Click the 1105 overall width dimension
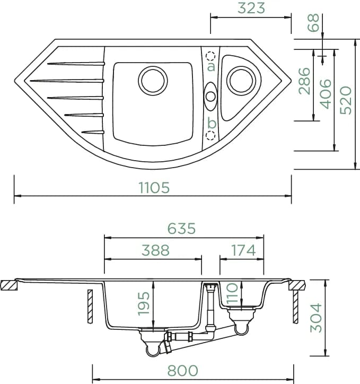pyautogui.click(x=154, y=188)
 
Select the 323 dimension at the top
pyautogui.click(x=251, y=8)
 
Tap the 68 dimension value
pyautogui.click(x=313, y=22)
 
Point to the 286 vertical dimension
pyautogui.click(x=304, y=81)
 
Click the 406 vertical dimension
pyautogui.click(x=326, y=94)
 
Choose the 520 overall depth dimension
pyautogui.click(x=346, y=100)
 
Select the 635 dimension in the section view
pyautogui.click(x=181, y=229)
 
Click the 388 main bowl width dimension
pyautogui.click(x=156, y=250)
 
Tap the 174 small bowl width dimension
pyautogui.click(x=243, y=250)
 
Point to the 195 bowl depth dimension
pyautogui.click(x=144, y=303)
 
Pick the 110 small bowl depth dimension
pyautogui.click(x=232, y=294)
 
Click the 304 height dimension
pyautogui.click(x=316, y=318)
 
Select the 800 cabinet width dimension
pyautogui.click(x=182, y=371)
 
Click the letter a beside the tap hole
pyautogui.click(x=211, y=66)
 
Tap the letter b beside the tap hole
pyautogui.click(x=212, y=123)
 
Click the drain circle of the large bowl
pyautogui.click(x=153, y=81)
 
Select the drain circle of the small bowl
pyautogui.click(x=241, y=81)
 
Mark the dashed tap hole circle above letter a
pyautogui.click(x=210, y=56)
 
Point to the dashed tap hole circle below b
pyautogui.click(x=210, y=135)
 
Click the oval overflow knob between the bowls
pyautogui.click(x=210, y=97)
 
